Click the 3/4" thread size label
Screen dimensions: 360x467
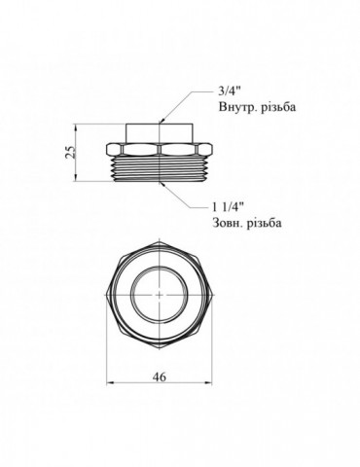point(229,91)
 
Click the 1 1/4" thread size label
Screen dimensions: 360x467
point(228,207)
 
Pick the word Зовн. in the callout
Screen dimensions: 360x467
point(228,223)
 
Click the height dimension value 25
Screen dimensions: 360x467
point(70,152)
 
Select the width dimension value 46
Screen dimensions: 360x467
point(159,377)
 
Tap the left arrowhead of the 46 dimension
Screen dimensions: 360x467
point(111,382)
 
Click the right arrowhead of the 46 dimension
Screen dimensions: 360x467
point(208,382)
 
